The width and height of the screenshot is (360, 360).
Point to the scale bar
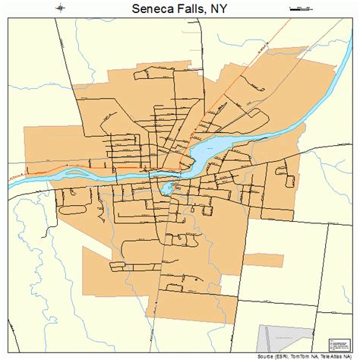pos(302,9)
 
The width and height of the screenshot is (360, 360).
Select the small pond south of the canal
pos(166,188)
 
